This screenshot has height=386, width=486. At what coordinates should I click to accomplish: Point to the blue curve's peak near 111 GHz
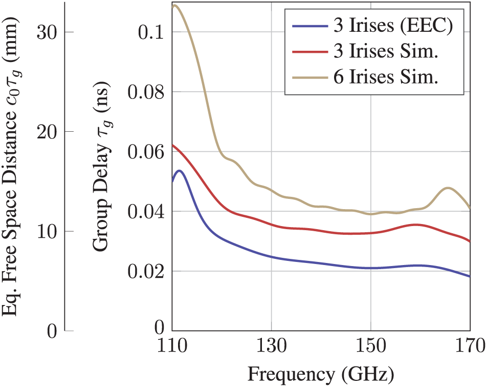pyautogui.click(x=179, y=171)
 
